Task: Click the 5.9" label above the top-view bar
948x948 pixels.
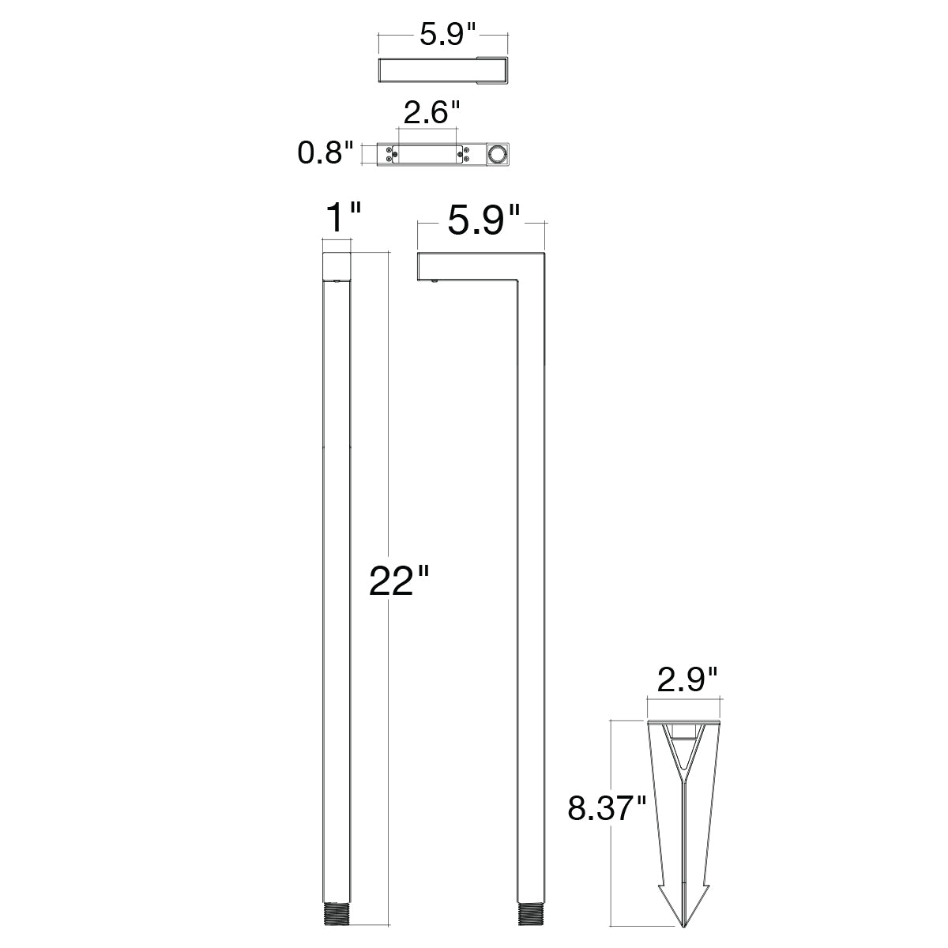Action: pos(448,36)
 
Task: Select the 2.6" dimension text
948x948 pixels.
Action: pos(431,113)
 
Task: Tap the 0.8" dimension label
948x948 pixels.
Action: pos(325,152)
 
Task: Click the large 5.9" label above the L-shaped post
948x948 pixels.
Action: pos(483,221)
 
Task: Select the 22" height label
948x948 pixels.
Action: pos(399,581)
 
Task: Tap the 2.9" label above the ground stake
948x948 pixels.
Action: pos(687,679)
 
